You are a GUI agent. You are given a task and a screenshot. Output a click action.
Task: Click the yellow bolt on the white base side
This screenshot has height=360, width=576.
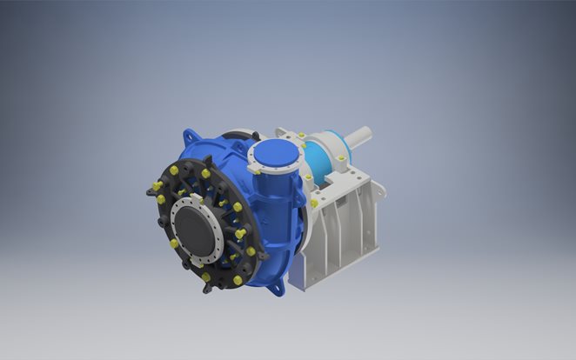pos(314,203)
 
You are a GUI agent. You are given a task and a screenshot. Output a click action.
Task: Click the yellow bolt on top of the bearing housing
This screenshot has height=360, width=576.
pos(301,137)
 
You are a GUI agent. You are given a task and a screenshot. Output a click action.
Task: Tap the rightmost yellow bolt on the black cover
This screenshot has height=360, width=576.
pos(251,251)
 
